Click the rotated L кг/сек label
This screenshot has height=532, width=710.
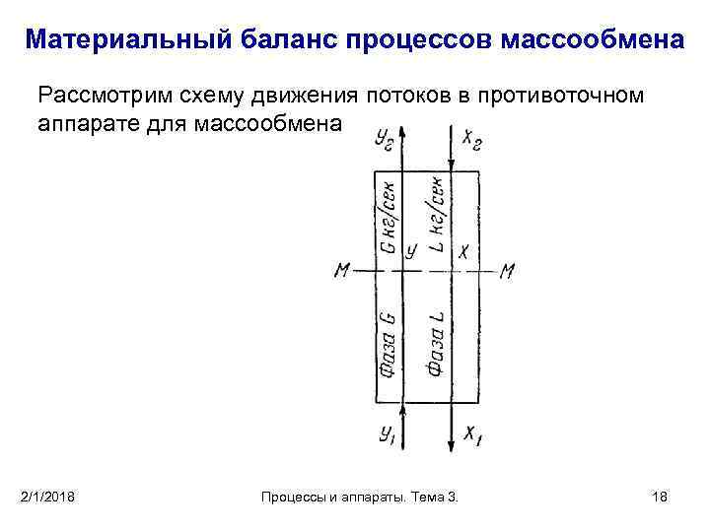[435, 212]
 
